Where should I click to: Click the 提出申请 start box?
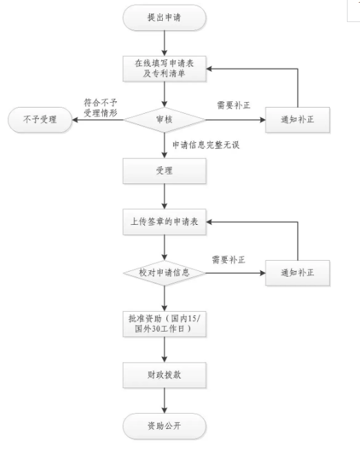(x=164, y=17)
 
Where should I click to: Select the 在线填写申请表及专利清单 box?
(x=164, y=69)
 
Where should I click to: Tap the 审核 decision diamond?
(x=164, y=120)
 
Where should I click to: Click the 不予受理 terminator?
(x=40, y=120)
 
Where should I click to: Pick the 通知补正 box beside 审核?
(x=297, y=120)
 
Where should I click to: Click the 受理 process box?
(x=164, y=171)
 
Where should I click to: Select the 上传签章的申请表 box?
(x=164, y=222)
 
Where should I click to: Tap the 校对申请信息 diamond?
(x=164, y=272)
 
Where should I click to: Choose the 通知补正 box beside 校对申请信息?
(x=297, y=272)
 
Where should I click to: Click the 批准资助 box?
(x=164, y=324)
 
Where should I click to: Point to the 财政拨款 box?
(x=164, y=374)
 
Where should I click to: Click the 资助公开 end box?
(x=164, y=426)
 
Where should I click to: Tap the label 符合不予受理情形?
(x=101, y=108)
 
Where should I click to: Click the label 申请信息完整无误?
(x=206, y=145)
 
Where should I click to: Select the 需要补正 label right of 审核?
(x=234, y=106)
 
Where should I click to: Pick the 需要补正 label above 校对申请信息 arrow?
(x=228, y=260)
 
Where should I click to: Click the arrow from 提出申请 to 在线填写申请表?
(x=164, y=43)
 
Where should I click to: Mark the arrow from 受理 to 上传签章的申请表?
(x=164, y=197)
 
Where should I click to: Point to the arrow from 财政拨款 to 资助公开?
(x=164, y=401)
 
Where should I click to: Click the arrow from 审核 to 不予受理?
(x=98, y=120)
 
